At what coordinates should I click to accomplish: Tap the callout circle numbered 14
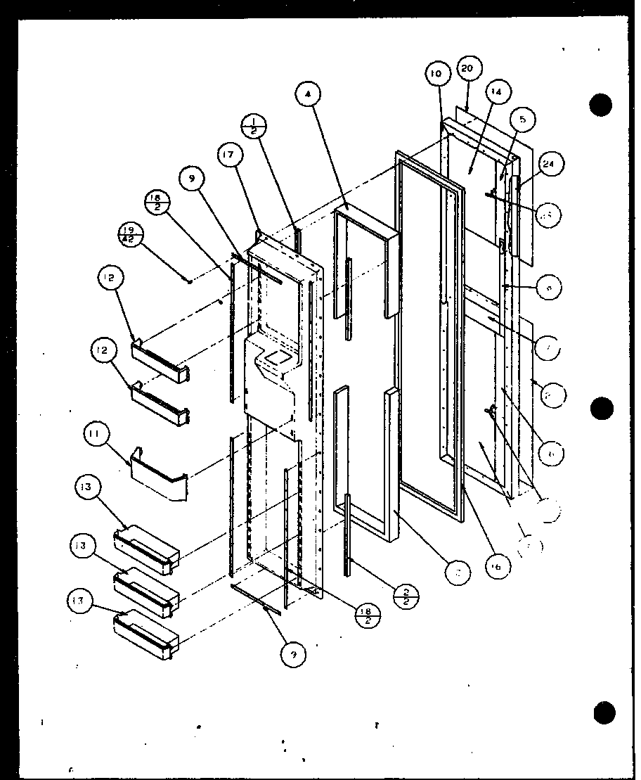click(x=496, y=91)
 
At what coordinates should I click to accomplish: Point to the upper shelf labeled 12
click(x=161, y=359)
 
